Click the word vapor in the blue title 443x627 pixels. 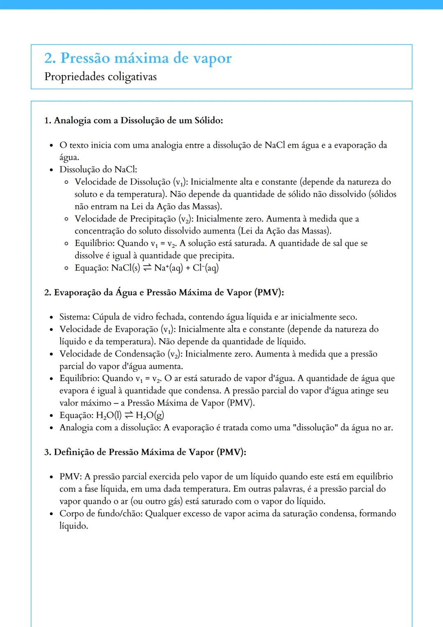point(212,59)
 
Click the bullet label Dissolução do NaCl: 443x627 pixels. point(98,169)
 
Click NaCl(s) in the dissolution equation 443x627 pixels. point(126,268)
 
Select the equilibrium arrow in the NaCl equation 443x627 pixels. point(147,268)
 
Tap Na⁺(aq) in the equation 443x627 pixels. point(168,268)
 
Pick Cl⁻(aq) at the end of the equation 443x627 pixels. point(206,268)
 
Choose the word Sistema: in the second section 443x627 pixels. point(75,317)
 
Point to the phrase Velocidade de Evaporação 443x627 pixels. point(108,330)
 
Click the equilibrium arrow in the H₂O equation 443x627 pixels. point(128,415)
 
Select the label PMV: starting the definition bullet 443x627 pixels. point(71,477)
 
